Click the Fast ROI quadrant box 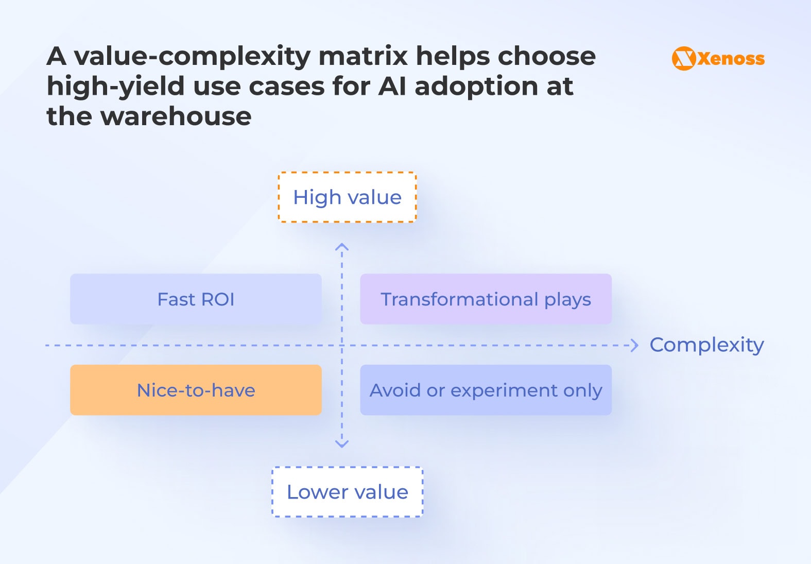(196, 299)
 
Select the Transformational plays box (486, 299)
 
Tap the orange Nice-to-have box (196, 390)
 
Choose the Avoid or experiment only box (486, 390)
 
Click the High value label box (347, 197)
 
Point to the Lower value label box (347, 492)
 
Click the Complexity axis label (706, 345)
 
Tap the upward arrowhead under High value (342, 247)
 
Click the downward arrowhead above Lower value (342, 443)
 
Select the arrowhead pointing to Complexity (635, 345)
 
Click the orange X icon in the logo (684, 58)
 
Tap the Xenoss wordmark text (731, 59)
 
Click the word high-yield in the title (115, 87)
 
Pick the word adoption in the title (476, 86)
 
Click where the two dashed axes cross (342, 345)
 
